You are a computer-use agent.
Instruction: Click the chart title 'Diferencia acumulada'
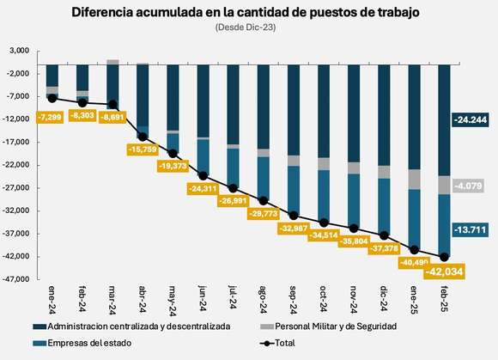pos(248,12)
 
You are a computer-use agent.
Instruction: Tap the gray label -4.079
pos(470,185)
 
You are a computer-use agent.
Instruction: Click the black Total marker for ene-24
pos(53,98)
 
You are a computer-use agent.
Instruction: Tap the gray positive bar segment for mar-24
pos(112,62)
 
